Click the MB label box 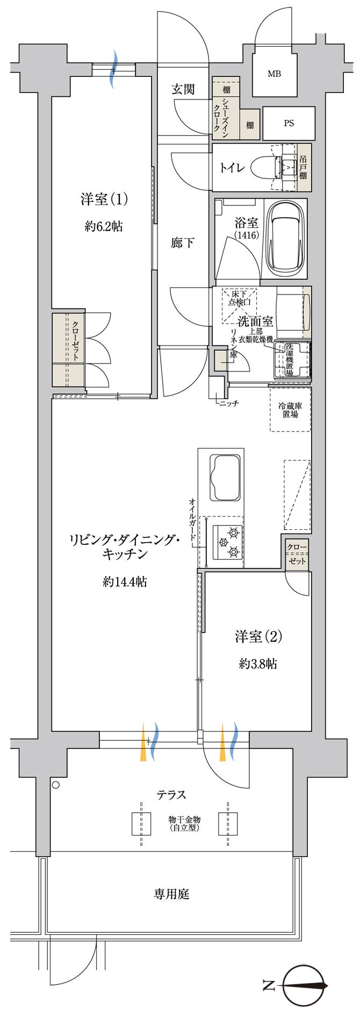(x=274, y=74)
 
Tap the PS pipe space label (x=289, y=123)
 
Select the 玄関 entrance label (x=183, y=90)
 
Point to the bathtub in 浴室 (x=287, y=237)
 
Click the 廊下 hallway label (x=183, y=243)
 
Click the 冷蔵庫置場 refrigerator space (x=290, y=410)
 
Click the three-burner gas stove (x=226, y=542)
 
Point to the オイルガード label (x=192, y=521)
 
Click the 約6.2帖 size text (x=104, y=227)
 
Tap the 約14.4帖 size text (x=124, y=581)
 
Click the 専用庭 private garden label (x=172, y=894)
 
